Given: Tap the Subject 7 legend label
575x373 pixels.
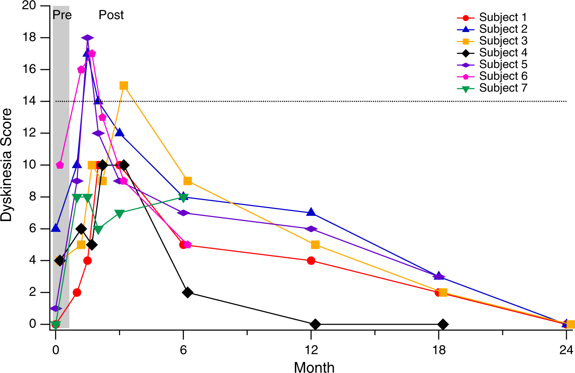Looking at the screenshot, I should click(502, 88).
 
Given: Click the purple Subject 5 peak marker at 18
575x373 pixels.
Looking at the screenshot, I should click(87, 38).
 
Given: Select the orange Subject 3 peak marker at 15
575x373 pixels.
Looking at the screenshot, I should click(124, 85).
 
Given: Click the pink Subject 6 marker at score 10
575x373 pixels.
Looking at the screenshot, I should click(60, 165).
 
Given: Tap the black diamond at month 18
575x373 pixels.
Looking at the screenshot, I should click(443, 324).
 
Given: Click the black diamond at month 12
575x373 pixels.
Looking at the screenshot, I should click(315, 324).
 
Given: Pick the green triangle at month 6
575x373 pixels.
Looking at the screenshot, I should click(184, 197).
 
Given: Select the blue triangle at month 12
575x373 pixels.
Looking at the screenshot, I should click(311, 212).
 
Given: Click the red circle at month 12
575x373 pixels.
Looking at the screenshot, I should click(311, 261).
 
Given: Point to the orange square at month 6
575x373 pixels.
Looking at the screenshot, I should click(187, 181).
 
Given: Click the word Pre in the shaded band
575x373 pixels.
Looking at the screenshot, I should click(62, 15).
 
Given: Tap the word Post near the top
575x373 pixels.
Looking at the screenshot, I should click(111, 15).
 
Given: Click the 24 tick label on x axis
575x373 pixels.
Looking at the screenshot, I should click(566, 348).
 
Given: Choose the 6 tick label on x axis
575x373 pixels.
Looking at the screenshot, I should click(184, 348).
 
